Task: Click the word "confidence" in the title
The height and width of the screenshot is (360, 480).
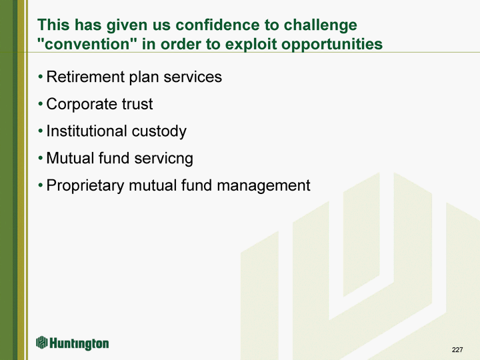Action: tap(217, 25)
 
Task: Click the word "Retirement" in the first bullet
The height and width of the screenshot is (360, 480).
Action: tap(85, 77)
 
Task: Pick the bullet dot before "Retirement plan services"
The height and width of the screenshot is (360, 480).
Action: tap(41, 77)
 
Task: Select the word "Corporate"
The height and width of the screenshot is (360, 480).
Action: tap(82, 105)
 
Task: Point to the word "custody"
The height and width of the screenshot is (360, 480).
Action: tap(159, 132)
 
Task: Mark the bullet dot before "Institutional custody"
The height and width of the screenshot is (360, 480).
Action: tap(41, 131)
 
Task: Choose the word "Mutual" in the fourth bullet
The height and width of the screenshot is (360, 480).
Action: tap(70, 158)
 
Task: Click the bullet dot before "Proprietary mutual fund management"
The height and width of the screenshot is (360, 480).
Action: tap(41, 185)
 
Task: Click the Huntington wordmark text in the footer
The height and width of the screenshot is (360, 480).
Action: tap(79, 344)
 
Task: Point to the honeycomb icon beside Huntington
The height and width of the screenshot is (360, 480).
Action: tap(41, 342)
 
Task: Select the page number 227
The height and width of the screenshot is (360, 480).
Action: tap(457, 349)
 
